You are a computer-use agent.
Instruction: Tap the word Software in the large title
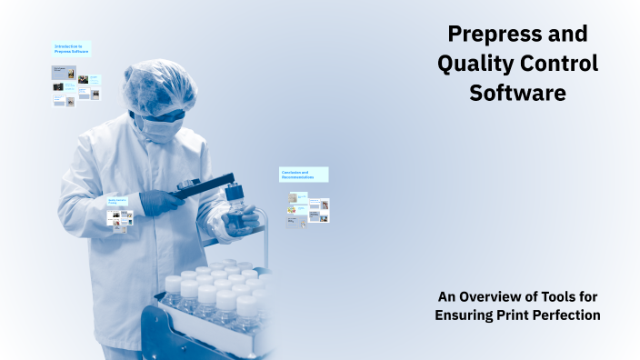[517, 93]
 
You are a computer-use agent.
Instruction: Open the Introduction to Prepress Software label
[72, 49]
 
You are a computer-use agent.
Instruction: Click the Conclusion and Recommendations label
[303, 174]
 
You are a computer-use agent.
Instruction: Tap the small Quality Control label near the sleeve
[117, 201]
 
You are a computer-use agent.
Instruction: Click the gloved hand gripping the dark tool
[161, 202]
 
